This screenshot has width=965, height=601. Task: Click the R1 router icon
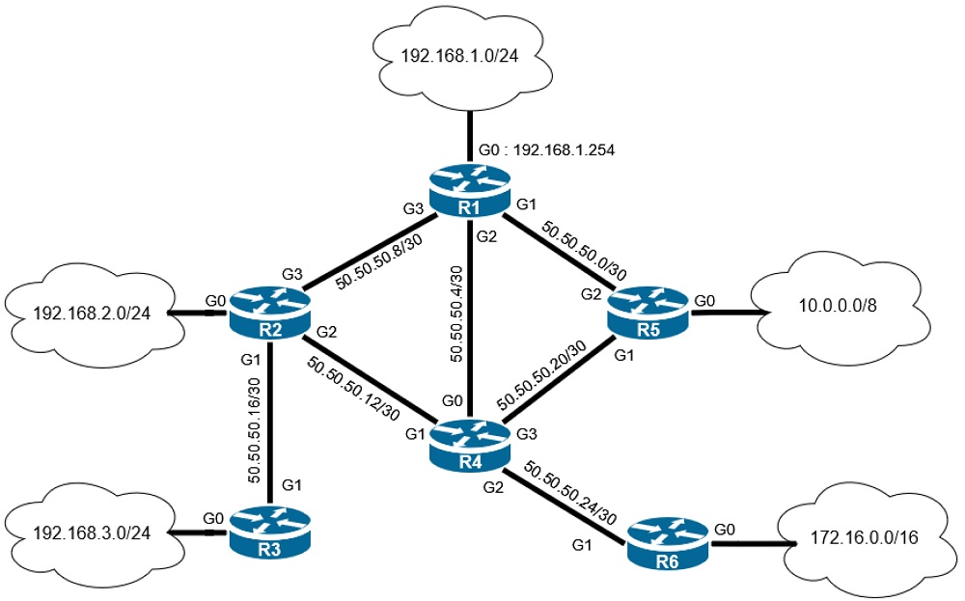(469, 191)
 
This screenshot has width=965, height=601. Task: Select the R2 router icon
(270, 314)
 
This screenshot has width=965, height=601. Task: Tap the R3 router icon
(270, 531)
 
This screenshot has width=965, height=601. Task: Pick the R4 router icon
(469, 446)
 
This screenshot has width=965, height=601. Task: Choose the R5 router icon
(648, 312)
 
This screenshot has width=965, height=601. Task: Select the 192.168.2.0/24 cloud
(93, 314)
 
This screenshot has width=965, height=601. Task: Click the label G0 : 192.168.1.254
(546, 150)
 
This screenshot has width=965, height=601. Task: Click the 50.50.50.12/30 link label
(355, 389)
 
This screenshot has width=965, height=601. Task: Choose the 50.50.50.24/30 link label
(569, 494)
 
